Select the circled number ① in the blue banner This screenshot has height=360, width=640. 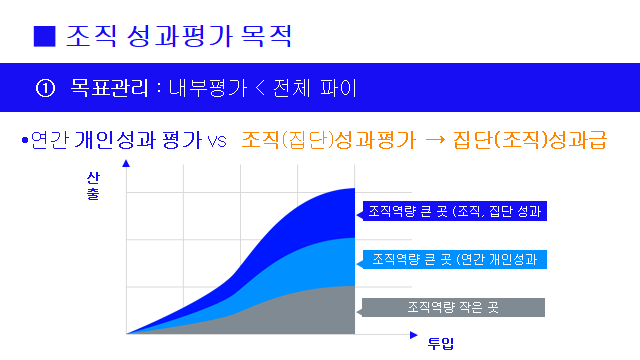point(44,88)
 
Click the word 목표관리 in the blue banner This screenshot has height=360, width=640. point(107,88)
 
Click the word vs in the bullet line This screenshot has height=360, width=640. point(217,142)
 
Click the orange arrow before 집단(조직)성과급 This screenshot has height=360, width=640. point(436,141)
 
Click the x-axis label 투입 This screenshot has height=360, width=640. point(441,345)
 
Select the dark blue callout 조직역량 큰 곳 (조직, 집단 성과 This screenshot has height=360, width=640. point(455,211)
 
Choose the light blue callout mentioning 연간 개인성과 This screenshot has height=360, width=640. point(455,259)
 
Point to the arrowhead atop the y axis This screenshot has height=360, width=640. point(126,185)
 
